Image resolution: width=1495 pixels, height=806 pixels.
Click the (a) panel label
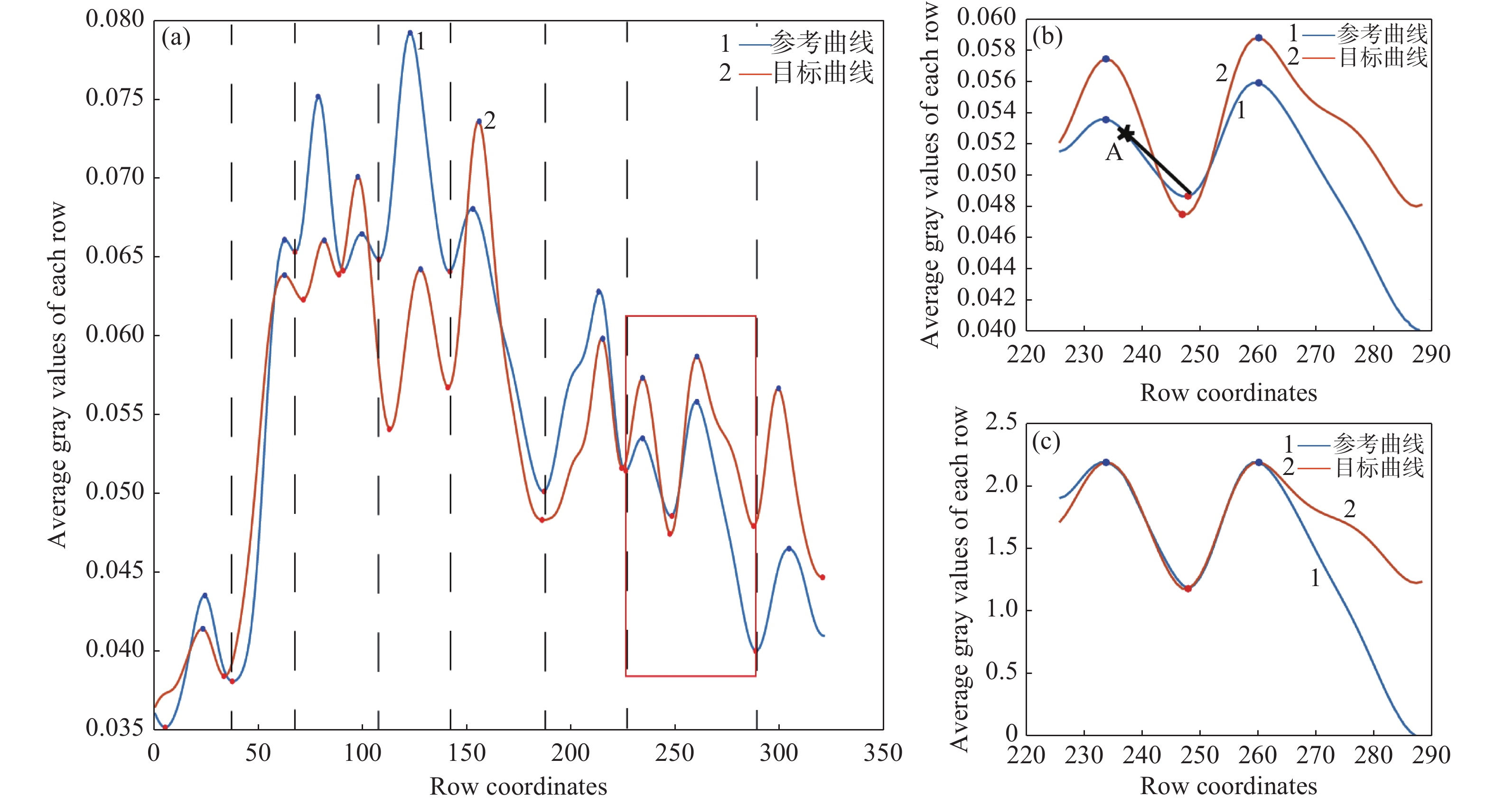click(x=176, y=38)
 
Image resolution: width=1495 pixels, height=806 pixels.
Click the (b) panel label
click(x=1047, y=37)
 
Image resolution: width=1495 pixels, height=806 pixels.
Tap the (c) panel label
click(x=1046, y=443)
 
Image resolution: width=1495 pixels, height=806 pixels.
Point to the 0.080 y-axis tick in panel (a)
click(x=114, y=19)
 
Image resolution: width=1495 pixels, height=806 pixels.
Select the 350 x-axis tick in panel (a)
click(x=883, y=753)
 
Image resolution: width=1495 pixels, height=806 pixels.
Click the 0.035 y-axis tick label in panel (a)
click(x=114, y=728)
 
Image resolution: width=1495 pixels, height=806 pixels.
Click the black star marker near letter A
click(x=1126, y=133)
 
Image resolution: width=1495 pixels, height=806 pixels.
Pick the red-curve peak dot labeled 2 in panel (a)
click(x=479, y=122)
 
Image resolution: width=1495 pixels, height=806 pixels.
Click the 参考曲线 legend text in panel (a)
click(x=822, y=43)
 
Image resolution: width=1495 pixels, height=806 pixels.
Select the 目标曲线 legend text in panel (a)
click(x=823, y=73)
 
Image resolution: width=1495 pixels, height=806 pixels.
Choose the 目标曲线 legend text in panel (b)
click(x=1383, y=57)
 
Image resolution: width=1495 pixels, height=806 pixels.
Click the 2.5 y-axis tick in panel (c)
click(x=1000, y=422)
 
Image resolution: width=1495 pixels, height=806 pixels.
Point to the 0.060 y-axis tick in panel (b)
click(x=986, y=18)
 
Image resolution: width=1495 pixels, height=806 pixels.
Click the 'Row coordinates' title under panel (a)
click(x=518, y=787)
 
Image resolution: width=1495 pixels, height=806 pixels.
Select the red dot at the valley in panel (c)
click(x=1188, y=589)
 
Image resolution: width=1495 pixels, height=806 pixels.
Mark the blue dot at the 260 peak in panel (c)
click(x=1259, y=462)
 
